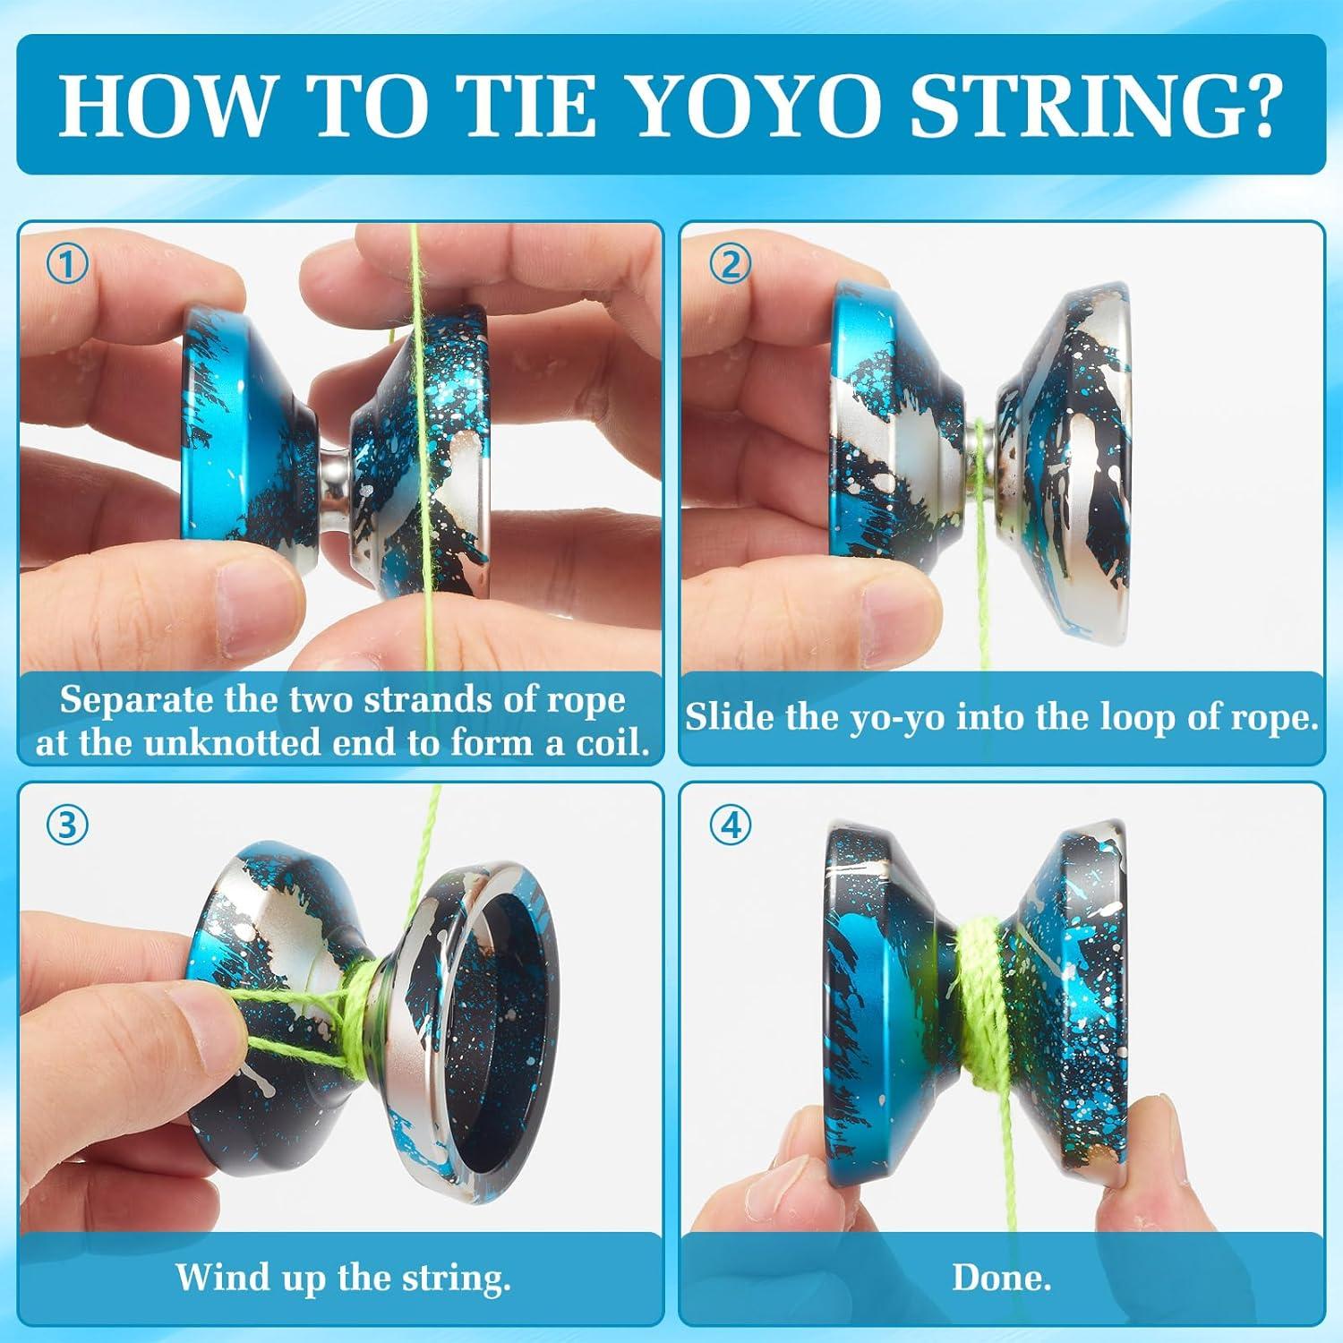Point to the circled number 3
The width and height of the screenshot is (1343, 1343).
pos(67,825)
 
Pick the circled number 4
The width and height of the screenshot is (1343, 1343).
pos(731,825)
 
